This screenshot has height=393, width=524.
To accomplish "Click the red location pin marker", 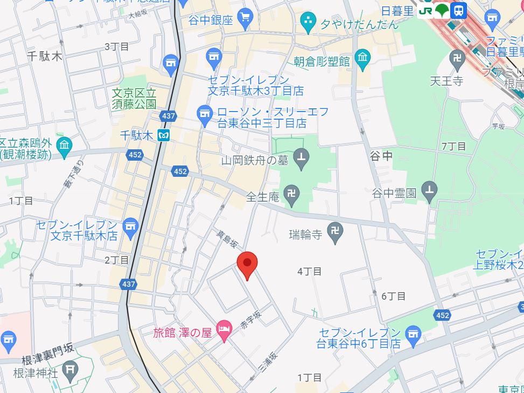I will coord(247,263).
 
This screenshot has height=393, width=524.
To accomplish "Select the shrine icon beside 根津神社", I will coord(70,370).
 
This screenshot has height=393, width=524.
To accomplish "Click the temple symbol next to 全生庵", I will coord(292,197).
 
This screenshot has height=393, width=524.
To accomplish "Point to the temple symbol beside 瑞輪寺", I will coord(336,233).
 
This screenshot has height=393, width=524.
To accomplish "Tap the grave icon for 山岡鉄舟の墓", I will coord(302,160).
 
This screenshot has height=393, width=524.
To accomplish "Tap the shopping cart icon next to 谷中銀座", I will coord(246,19).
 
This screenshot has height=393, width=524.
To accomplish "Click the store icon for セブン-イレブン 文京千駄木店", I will coord(130,229).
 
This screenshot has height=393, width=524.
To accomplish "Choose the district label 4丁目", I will coord(310,272).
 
